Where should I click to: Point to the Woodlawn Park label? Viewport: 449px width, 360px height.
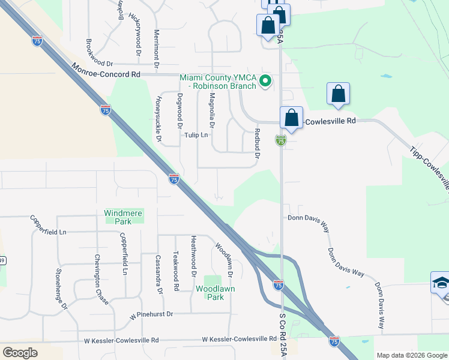210,293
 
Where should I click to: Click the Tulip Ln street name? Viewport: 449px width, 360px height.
196,135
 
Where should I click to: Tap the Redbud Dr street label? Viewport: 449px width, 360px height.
257,143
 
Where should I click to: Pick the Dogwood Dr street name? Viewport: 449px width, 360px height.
179,110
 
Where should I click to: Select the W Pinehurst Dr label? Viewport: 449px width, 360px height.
151,314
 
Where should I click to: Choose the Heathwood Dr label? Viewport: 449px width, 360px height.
194,265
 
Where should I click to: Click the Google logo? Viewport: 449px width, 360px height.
20,353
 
